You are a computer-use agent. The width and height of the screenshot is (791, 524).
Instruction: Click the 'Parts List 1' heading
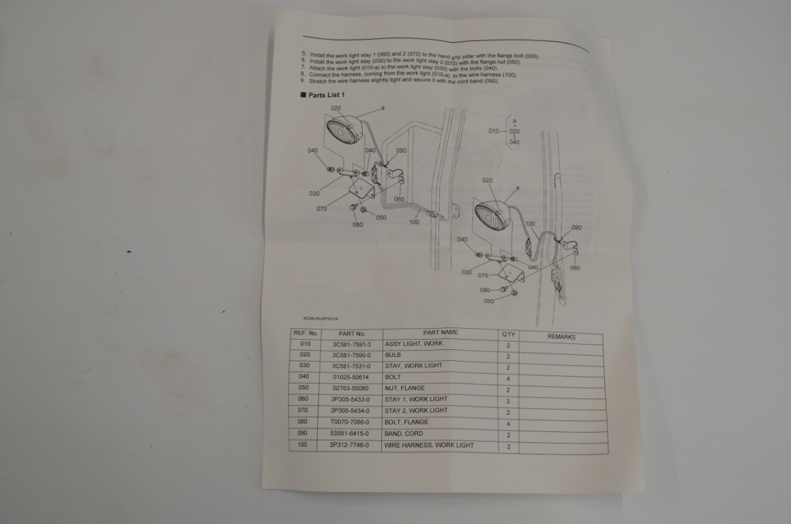[x=326, y=95]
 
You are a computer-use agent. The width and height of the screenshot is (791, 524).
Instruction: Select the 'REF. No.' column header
[x=305, y=333]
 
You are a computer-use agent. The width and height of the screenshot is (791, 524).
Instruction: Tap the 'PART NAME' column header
[x=440, y=332]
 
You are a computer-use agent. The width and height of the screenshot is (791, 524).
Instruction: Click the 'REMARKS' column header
[x=561, y=336]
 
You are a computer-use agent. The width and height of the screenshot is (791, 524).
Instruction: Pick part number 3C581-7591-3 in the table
[x=351, y=345]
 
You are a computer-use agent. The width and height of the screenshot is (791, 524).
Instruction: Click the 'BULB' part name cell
[x=393, y=355]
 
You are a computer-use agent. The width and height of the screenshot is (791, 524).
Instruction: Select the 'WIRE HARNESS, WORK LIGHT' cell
[x=428, y=446]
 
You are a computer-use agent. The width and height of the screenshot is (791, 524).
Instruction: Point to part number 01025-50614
[x=350, y=377]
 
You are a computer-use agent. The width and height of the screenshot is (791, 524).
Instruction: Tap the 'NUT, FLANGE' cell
[x=404, y=388]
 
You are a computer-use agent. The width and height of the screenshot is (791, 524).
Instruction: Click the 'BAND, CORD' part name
[x=404, y=434]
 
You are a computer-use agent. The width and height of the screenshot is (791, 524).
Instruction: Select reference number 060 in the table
[x=304, y=398]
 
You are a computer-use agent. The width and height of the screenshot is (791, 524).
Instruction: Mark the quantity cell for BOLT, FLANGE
[x=508, y=424]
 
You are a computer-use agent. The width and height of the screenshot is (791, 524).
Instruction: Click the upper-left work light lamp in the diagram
[x=345, y=130]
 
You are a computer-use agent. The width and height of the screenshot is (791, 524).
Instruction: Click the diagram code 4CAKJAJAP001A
[x=321, y=319]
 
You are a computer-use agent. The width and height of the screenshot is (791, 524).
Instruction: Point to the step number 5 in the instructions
[x=303, y=53]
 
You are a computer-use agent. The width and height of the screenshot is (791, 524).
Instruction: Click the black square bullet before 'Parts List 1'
[x=303, y=95]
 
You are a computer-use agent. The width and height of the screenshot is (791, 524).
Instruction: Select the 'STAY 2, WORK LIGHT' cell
[x=416, y=411]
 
